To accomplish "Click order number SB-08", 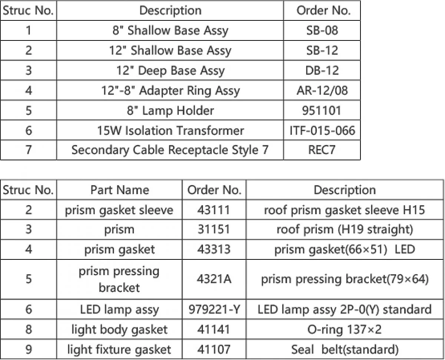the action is (x=322, y=30).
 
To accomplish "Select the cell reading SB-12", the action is (x=322, y=50).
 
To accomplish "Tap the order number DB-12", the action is (x=322, y=71).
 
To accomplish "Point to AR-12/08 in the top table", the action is (x=322, y=91).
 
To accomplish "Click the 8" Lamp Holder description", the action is (x=171, y=111).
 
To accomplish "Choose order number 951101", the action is (x=322, y=110).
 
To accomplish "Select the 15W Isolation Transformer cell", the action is (x=171, y=130).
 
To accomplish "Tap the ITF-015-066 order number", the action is (x=322, y=130).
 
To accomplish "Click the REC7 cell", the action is (x=322, y=150).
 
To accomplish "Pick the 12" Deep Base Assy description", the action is (x=171, y=71).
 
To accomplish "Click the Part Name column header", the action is (x=120, y=190).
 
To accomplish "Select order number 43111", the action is (x=214, y=210).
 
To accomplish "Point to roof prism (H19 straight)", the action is (x=345, y=229).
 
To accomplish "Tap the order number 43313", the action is (x=214, y=249).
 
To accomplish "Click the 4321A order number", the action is (x=214, y=279).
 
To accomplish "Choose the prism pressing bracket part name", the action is (x=119, y=279).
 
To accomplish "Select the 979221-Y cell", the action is (x=214, y=310).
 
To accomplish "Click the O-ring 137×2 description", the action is (x=345, y=330).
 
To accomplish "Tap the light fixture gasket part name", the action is (x=119, y=350).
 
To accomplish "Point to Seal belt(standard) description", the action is (x=345, y=350).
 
